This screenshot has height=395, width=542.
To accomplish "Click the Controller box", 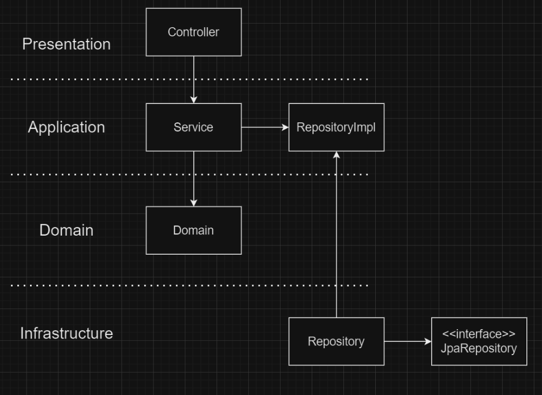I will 193,32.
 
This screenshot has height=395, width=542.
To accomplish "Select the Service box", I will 193,127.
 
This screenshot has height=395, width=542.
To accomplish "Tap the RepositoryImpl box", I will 336,127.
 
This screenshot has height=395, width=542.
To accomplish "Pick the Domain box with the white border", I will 193,230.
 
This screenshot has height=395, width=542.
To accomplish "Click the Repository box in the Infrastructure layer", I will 336,341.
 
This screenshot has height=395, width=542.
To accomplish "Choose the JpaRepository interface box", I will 479,341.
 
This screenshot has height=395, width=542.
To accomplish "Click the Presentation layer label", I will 66,44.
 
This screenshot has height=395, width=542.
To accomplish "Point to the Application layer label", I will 66,127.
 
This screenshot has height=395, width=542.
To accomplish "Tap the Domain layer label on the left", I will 66,230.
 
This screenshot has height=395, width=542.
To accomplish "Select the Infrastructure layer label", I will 66,333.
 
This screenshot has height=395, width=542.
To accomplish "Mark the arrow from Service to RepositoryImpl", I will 265,127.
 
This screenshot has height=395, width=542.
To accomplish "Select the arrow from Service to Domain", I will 193,178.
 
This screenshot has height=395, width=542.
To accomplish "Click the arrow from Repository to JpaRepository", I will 408,341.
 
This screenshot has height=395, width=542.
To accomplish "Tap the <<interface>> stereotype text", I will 479,334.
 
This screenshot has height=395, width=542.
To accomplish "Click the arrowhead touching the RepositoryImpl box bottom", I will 337,155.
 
